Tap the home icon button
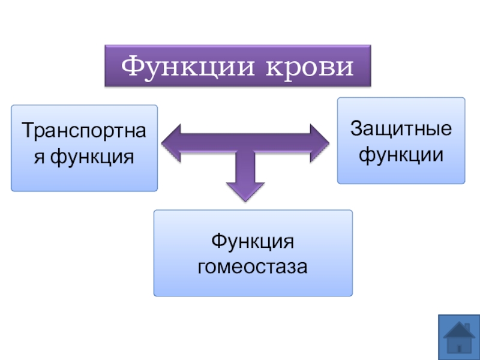coord(459,338)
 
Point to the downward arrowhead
coord(245,191)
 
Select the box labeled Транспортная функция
coord(84,148)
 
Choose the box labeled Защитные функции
coord(401,140)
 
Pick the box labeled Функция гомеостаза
coord(253,253)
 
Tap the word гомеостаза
coord(253,266)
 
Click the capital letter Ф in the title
coord(131,66)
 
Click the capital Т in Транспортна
coord(27,131)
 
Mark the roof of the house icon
coord(459,329)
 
